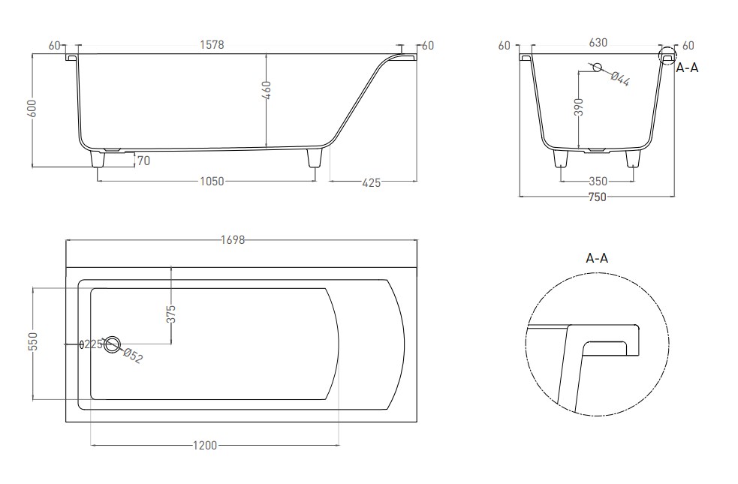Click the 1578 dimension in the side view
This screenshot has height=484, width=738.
pyautogui.click(x=212, y=45)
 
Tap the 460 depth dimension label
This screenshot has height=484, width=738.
pyautogui.click(x=267, y=90)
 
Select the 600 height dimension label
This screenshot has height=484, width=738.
pyautogui.click(x=32, y=109)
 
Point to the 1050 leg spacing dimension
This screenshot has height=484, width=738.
pyautogui.click(x=212, y=181)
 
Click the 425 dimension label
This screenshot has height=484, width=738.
pyautogui.click(x=372, y=182)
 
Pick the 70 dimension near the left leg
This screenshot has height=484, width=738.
pyautogui.click(x=143, y=161)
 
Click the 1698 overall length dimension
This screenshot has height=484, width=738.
pyautogui.click(x=233, y=240)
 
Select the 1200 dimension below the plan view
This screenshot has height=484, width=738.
pyautogui.click(x=205, y=445)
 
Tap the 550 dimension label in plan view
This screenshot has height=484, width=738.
pyautogui.click(x=33, y=341)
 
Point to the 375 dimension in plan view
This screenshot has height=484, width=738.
pyautogui.click(x=171, y=314)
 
